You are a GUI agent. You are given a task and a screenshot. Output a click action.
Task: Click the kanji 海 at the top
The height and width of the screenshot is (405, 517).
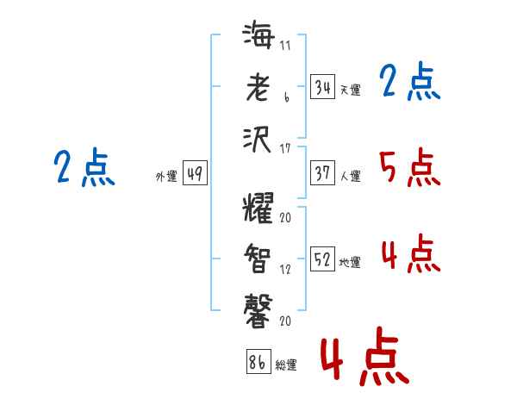click(x=258, y=34)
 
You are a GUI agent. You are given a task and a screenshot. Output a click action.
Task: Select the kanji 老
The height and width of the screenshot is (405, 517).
click(x=258, y=87)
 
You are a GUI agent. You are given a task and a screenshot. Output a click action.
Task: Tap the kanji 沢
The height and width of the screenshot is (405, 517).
click(x=257, y=140)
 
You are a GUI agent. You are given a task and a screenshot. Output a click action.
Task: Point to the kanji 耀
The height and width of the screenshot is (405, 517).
click(x=258, y=207)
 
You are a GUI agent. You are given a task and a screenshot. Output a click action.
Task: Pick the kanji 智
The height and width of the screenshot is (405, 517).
click(x=258, y=259)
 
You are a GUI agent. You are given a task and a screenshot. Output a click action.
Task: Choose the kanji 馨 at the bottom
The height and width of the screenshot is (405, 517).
click(x=258, y=311)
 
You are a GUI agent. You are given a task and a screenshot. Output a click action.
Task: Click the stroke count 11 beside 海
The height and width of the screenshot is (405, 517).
click(x=285, y=45)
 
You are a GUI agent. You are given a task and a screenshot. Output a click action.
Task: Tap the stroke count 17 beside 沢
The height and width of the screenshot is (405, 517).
click(x=285, y=148)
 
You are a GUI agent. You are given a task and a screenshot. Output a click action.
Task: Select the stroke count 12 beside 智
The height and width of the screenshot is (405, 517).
click(x=285, y=270)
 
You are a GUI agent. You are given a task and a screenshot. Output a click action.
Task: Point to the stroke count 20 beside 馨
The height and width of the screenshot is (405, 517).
click(x=285, y=321)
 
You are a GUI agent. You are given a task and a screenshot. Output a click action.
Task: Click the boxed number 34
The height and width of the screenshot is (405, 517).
click(x=322, y=86)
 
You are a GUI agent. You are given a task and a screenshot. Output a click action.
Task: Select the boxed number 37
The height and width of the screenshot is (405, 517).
click(x=322, y=173)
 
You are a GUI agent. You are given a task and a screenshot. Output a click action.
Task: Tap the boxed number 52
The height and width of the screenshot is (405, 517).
click(x=322, y=259)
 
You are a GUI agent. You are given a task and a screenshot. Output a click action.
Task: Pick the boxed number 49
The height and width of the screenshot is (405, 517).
click(x=195, y=173)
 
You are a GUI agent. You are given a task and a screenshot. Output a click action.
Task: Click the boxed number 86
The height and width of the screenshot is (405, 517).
click(x=258, y=361)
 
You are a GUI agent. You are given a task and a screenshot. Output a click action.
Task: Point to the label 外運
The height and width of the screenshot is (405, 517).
click(x=166, y=177)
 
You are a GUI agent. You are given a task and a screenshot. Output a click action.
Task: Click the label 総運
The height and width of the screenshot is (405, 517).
click(x=286, y=365)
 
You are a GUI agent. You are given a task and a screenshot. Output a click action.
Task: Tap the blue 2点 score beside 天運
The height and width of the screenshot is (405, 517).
click(x=410, y=80)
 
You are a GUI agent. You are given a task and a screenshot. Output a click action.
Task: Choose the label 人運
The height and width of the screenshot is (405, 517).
click(x=351, y=176)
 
